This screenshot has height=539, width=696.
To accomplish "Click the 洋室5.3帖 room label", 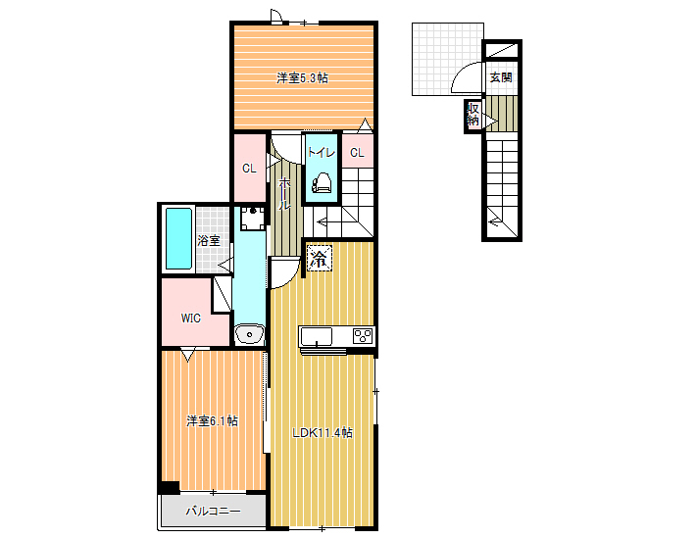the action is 302,78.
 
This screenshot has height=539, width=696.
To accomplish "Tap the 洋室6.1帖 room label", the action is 212,420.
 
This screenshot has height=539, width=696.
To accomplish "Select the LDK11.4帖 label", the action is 323,432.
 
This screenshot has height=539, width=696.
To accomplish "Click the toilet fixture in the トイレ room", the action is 322,183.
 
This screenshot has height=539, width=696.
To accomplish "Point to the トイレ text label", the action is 321,152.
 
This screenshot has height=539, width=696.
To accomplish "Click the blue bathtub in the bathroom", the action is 178,239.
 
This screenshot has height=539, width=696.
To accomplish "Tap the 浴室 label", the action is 209,241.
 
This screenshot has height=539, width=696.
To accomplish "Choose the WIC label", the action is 191,318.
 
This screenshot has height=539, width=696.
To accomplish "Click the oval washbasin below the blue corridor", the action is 249,333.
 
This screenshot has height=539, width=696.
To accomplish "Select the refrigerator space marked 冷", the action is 320,258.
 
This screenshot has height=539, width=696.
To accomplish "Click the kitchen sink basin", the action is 316,337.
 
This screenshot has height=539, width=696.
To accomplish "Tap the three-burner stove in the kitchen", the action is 363,336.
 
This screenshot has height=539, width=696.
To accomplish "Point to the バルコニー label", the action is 213,511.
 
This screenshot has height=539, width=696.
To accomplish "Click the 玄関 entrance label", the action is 501,77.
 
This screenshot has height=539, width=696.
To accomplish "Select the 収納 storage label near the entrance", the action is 472,115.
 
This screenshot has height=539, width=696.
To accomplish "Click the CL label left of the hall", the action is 249,169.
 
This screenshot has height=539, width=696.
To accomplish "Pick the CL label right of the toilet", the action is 357,153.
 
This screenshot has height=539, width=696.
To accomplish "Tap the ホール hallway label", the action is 284,194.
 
